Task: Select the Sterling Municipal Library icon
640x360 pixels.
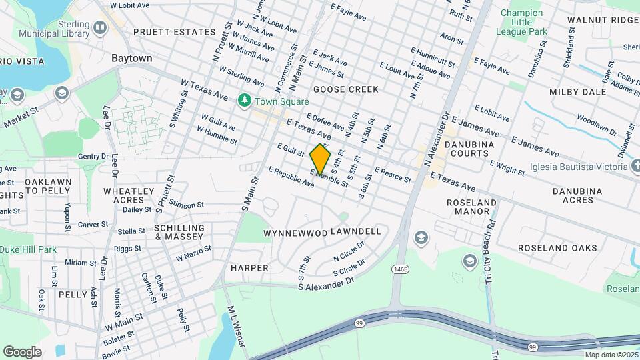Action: [100, 27]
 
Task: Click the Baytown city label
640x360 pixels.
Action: [132, 58]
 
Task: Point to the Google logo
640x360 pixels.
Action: [22, 352]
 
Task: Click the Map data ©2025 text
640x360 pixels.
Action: [611, 354]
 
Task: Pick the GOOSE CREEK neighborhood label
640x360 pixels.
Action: [345, 89]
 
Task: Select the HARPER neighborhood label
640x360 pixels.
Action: [249, 268]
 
